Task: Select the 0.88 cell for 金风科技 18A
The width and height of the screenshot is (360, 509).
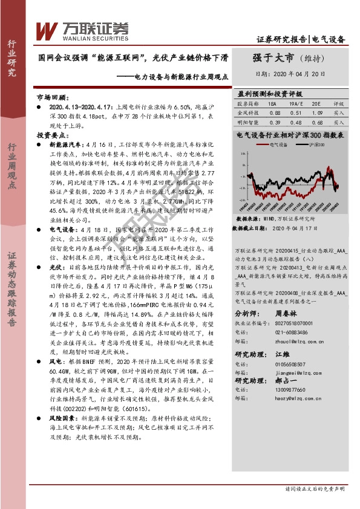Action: (273, 112)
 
